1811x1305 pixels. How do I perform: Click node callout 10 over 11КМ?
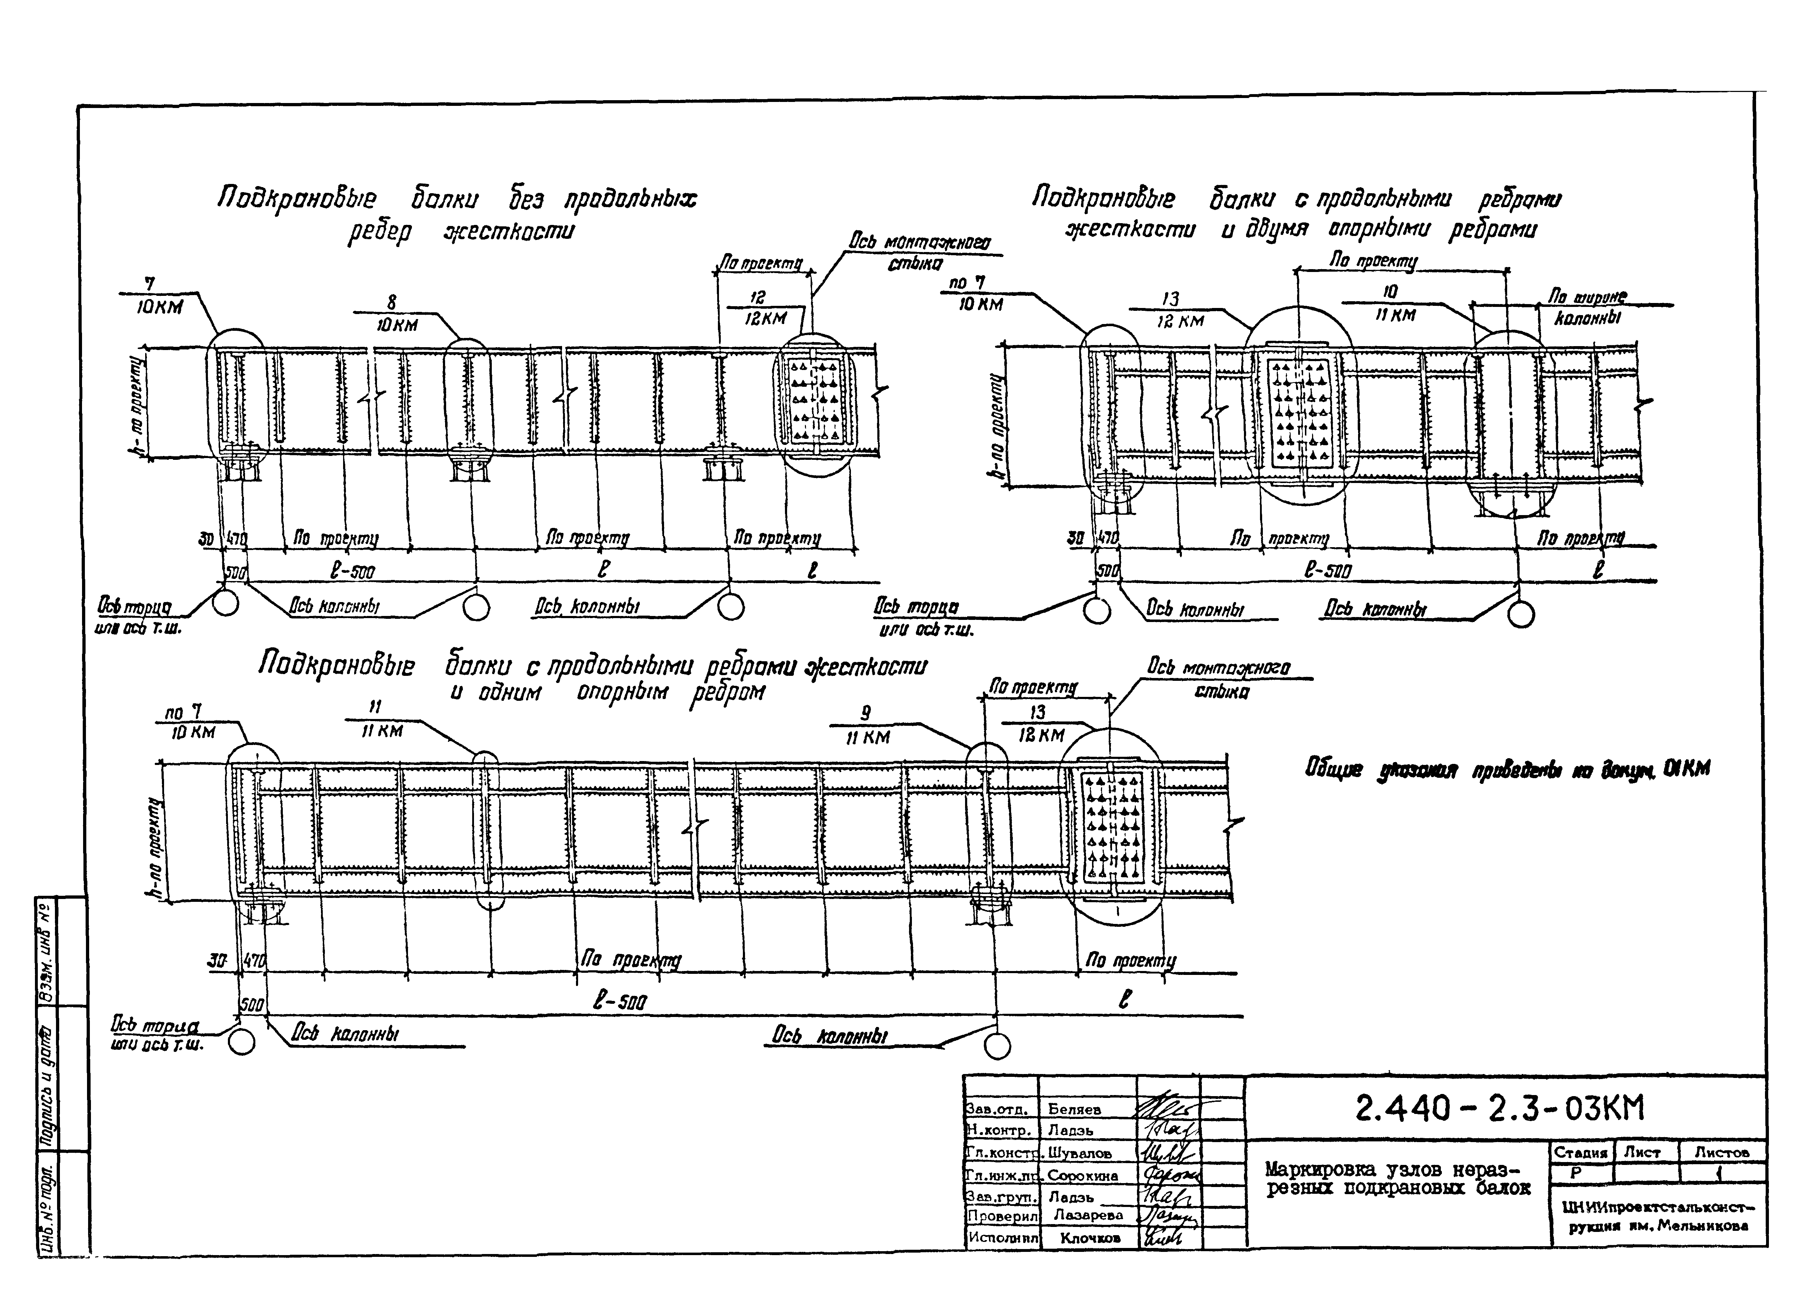[1394, 304]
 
